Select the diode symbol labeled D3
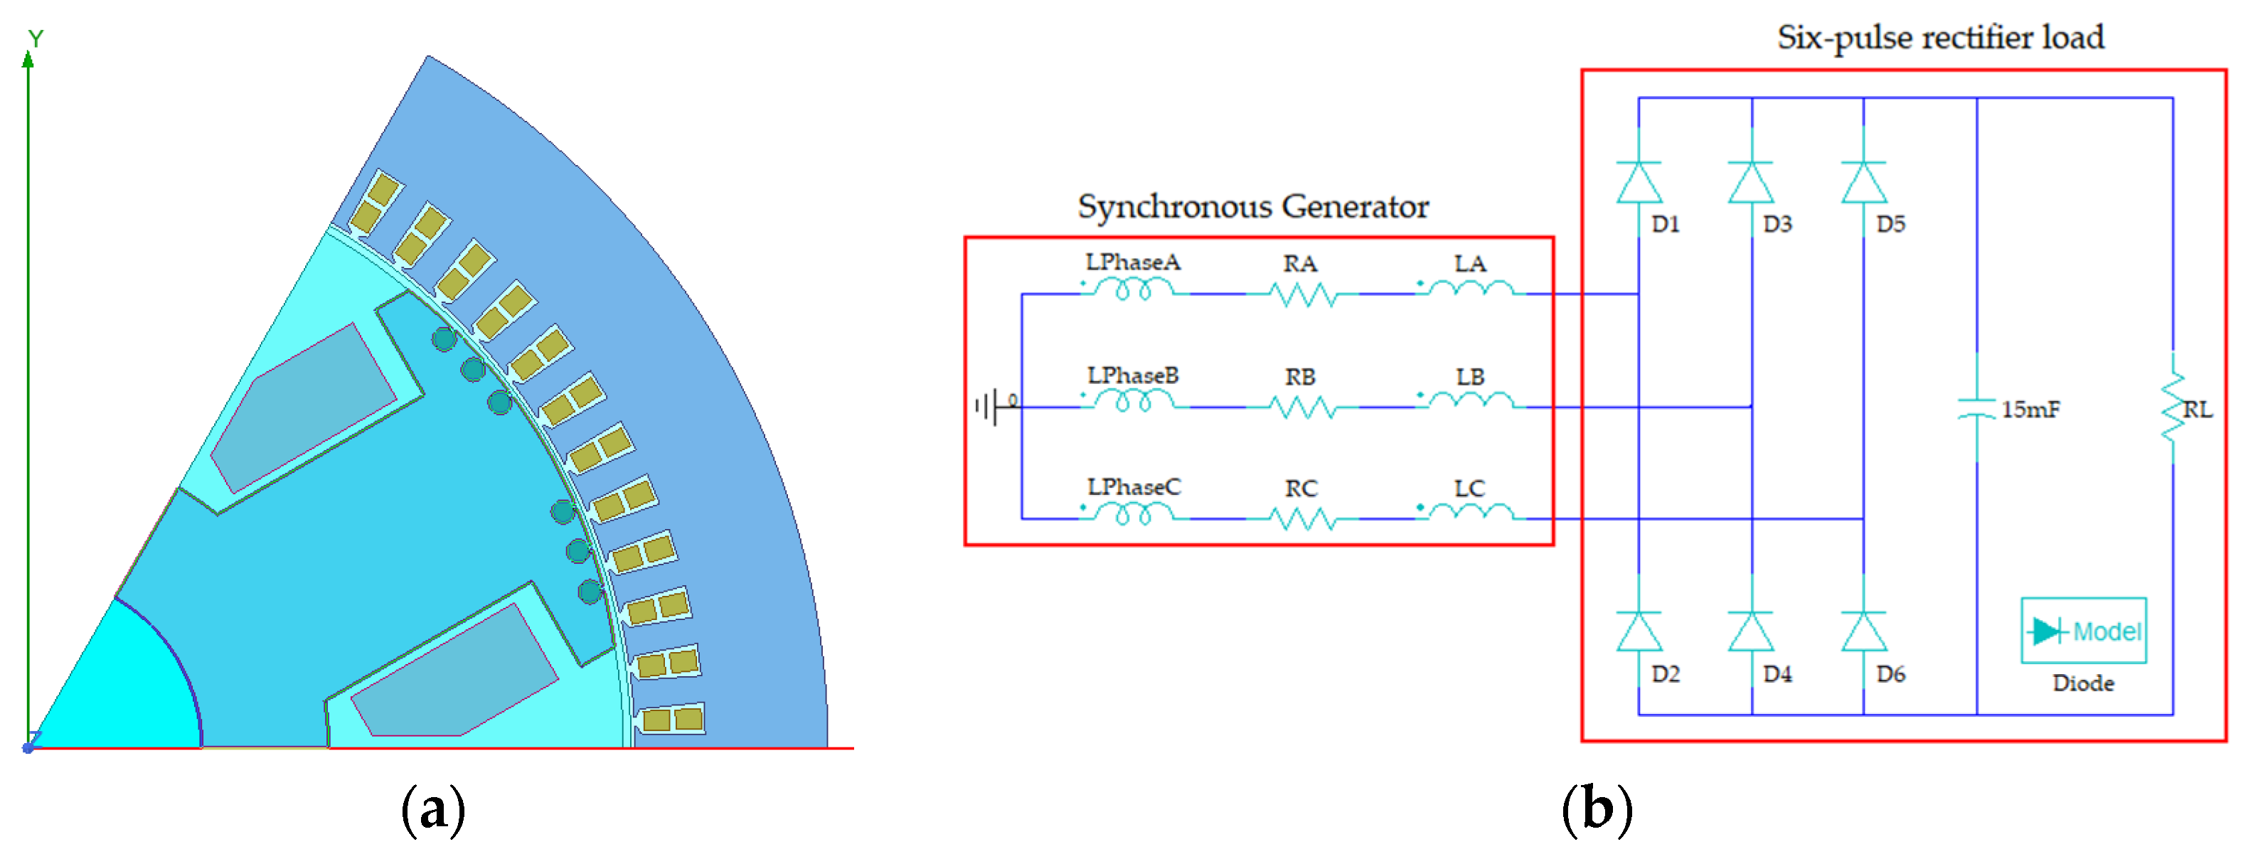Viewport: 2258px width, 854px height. point(1750,182)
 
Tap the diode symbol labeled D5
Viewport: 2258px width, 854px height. point(1863,182)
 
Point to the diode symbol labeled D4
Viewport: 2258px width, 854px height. point(1750,632)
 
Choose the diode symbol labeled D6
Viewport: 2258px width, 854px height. point(1863,632)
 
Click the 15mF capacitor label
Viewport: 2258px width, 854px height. point(2030,410)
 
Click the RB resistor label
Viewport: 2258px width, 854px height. point(1300,377)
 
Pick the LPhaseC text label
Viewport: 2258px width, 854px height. point(1134,488)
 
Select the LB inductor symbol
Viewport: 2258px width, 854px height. point(1470,402)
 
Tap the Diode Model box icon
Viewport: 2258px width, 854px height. point(2082,631)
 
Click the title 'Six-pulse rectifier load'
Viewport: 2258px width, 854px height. point(1940,38)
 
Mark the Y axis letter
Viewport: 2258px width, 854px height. point(35,38)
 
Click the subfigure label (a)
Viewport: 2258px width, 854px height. point(432,808)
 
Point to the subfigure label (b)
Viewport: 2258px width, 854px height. point(1596,808)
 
